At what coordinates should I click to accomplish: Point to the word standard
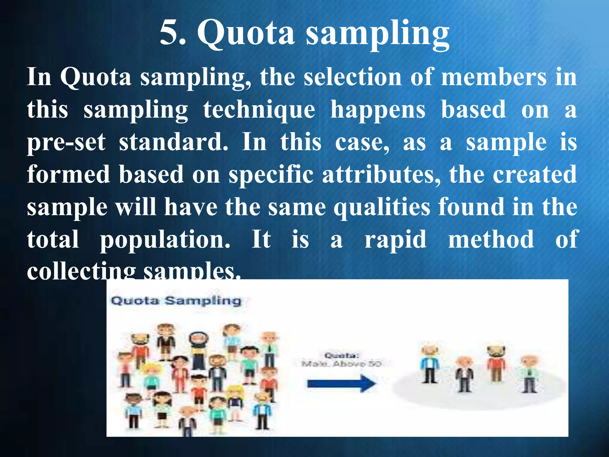[173, 142]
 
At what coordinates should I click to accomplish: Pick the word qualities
[382, 208]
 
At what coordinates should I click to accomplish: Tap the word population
[165, 240]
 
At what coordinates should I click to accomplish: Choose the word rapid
[395, 240]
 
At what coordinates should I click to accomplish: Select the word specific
[271, 175]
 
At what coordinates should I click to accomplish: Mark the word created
[535, 175]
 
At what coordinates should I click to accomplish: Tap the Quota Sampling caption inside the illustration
[176, 301]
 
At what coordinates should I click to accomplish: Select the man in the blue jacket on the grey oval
[430, 364]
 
